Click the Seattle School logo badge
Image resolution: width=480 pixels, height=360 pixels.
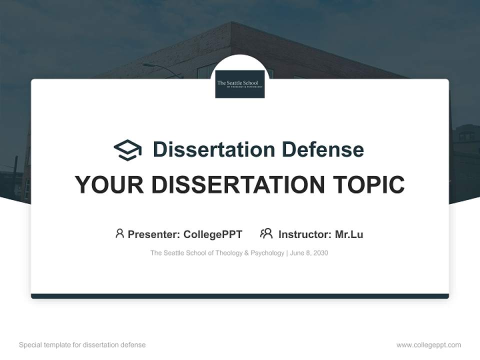(240, 84)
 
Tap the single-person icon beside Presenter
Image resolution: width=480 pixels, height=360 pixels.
(119, 233)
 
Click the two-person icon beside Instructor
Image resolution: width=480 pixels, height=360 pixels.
(266, 233)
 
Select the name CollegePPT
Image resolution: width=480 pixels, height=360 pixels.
(212, 234)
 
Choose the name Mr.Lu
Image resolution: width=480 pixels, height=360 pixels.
(349, 234)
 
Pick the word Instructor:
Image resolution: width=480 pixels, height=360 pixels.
(305, 234)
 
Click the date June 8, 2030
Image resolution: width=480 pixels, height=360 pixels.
(309, 253)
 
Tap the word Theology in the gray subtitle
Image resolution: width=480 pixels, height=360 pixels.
(228, 253)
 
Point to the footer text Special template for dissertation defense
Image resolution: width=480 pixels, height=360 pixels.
(82, 345)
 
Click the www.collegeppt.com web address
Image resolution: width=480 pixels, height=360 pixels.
(428, 345)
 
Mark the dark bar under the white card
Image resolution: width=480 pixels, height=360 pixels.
(240, 296)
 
